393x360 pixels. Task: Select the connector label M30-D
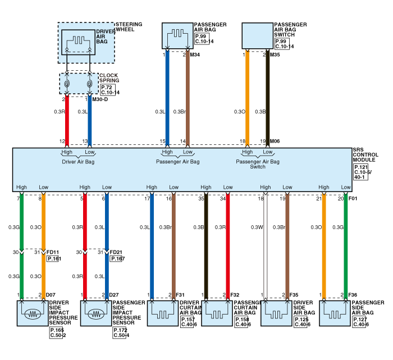[100, 99]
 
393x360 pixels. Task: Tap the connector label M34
[195, 55]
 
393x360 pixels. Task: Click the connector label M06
[275, 142]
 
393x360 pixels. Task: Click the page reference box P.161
[53, 259]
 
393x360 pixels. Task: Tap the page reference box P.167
[117, 259]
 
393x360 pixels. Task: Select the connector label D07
[51, 295]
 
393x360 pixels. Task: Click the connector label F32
[235, 295]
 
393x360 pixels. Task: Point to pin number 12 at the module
[62, 142]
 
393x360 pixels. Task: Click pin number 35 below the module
[202, 198]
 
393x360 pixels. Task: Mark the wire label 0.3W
[256, 227]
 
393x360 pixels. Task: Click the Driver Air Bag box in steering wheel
[79, 42]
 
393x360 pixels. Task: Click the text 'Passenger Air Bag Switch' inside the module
[258, 164]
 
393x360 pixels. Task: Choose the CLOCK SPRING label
[109, 78]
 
